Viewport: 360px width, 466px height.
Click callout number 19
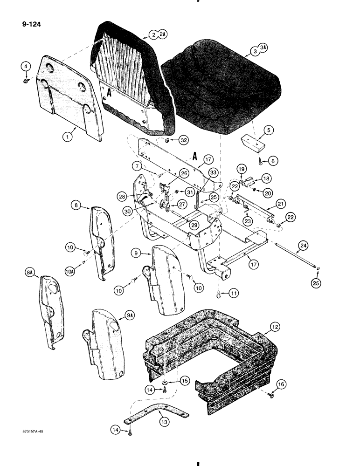tap(241, 169)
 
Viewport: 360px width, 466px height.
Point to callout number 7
tap(136, 165)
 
